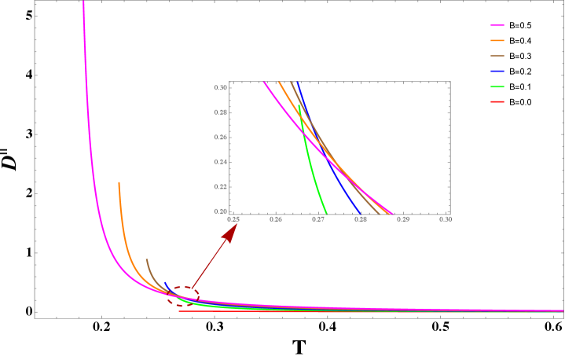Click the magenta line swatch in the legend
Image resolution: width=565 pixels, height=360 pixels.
coord(497,26)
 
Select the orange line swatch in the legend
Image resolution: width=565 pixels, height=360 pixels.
coord(497,41)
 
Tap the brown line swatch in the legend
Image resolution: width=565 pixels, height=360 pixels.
coord(497,57)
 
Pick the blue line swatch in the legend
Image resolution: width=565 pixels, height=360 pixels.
coord(497,72)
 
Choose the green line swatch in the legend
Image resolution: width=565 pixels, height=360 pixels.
coord(497,86)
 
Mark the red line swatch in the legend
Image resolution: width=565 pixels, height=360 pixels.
coord(497,101)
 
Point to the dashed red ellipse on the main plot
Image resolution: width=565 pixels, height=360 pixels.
coord(183,295)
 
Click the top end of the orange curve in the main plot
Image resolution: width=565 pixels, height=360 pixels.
coord(119,183)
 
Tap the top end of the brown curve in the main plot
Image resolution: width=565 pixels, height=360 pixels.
coord(146,259)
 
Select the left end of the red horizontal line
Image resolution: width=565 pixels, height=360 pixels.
coord(180,311)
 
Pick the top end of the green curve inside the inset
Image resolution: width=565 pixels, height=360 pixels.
coord(299,105)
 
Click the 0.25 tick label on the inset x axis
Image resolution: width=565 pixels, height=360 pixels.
coord(233,220)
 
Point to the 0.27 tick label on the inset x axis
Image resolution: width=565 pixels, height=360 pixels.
coord(318,220)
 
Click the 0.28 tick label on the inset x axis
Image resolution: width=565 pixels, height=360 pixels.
coord(361,220)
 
